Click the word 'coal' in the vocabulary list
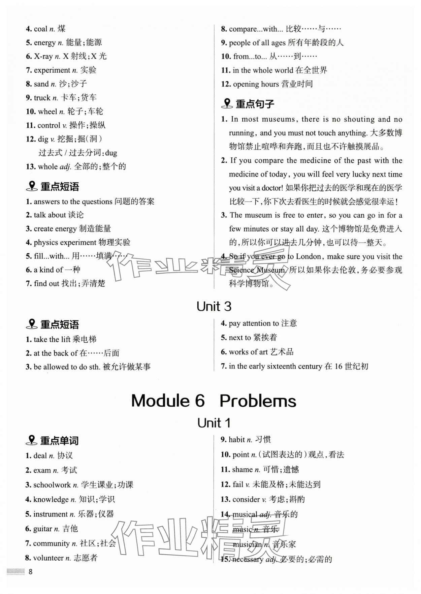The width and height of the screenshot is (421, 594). [40, 29]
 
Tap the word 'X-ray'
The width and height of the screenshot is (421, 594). [43, 56]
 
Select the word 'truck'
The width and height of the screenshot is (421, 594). [42, 98]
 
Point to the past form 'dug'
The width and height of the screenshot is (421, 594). [111, 153]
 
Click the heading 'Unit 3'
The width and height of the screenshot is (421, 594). [214, 307]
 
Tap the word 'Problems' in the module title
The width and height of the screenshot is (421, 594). [258, 401]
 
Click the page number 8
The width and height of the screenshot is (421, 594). [30, 571]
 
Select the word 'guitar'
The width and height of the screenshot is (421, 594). [43, 529]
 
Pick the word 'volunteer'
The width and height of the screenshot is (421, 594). [48, 558]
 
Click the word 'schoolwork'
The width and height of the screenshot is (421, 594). [52, 485]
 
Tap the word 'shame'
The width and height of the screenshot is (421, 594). [242, 469]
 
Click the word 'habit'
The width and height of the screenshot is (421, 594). [236, 440]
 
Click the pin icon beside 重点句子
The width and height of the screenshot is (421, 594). [227, 103]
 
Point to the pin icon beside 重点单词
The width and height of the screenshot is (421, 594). [32, 440]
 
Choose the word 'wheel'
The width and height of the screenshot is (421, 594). [47, 112]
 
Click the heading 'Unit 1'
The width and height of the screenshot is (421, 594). [214, 423]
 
